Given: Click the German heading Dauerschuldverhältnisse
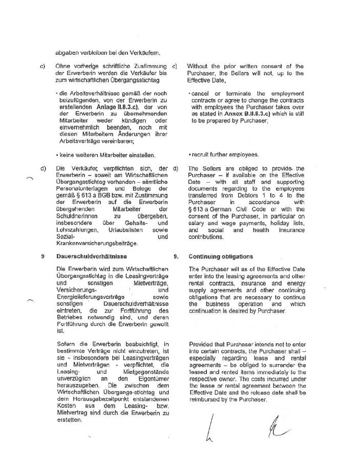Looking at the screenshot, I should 91,256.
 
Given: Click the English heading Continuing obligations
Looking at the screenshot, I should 220,256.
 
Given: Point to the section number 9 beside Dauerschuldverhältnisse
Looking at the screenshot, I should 43,256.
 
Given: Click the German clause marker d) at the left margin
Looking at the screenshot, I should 43,168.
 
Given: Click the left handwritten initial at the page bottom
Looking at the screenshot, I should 209,428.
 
